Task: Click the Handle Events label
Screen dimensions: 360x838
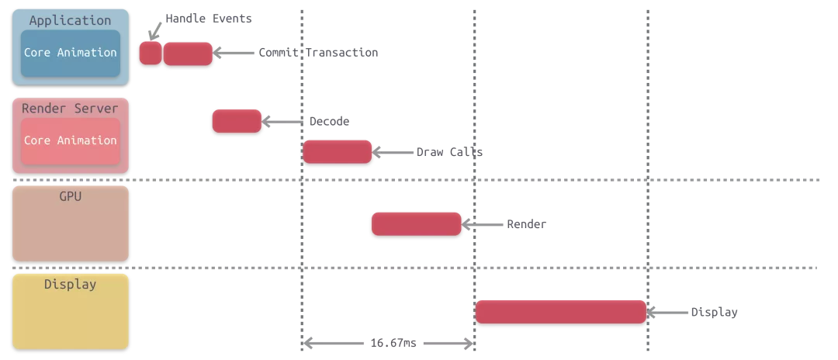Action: [208, 19]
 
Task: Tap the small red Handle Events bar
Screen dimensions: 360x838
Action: [150, 53]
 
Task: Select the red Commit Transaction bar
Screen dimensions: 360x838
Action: [188, 54]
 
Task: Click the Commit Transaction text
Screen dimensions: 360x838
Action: [318, 53]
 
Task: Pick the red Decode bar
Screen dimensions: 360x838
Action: [237, 122]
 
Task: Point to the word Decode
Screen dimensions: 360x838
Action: [329, 122]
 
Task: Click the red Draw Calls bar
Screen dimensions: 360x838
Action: [338, 152]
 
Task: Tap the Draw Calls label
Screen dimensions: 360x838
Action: [449, 152]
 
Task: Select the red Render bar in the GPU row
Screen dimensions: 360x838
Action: [417, 224]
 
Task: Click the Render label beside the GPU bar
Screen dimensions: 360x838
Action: [526, 224]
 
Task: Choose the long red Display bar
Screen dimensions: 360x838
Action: [560, 312]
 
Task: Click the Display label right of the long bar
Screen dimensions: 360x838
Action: [714, 313]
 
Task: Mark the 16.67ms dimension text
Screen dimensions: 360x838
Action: [393, 343]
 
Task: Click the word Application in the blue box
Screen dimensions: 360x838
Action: [70, 21]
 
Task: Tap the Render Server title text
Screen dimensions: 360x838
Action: [70, 109]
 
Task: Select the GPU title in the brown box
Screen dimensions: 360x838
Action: [70, 197]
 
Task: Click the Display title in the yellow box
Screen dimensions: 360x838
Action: [70, 285]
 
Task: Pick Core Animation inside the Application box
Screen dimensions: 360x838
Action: [70, 53]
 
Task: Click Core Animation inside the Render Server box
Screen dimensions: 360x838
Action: [70, 140]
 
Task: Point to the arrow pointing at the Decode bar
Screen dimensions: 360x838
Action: [282, 122]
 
